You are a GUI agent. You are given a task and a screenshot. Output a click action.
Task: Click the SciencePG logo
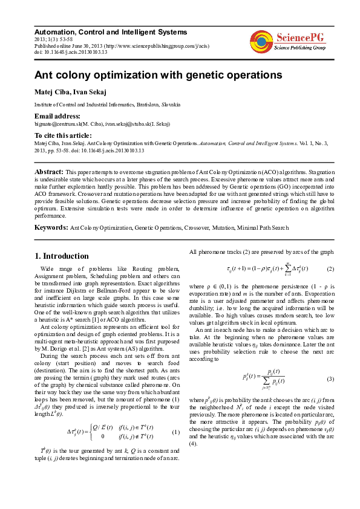[288, 41]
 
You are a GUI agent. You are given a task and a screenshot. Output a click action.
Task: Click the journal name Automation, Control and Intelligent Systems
[111, 32]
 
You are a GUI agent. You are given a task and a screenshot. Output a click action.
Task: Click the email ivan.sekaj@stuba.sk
[127, 124]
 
